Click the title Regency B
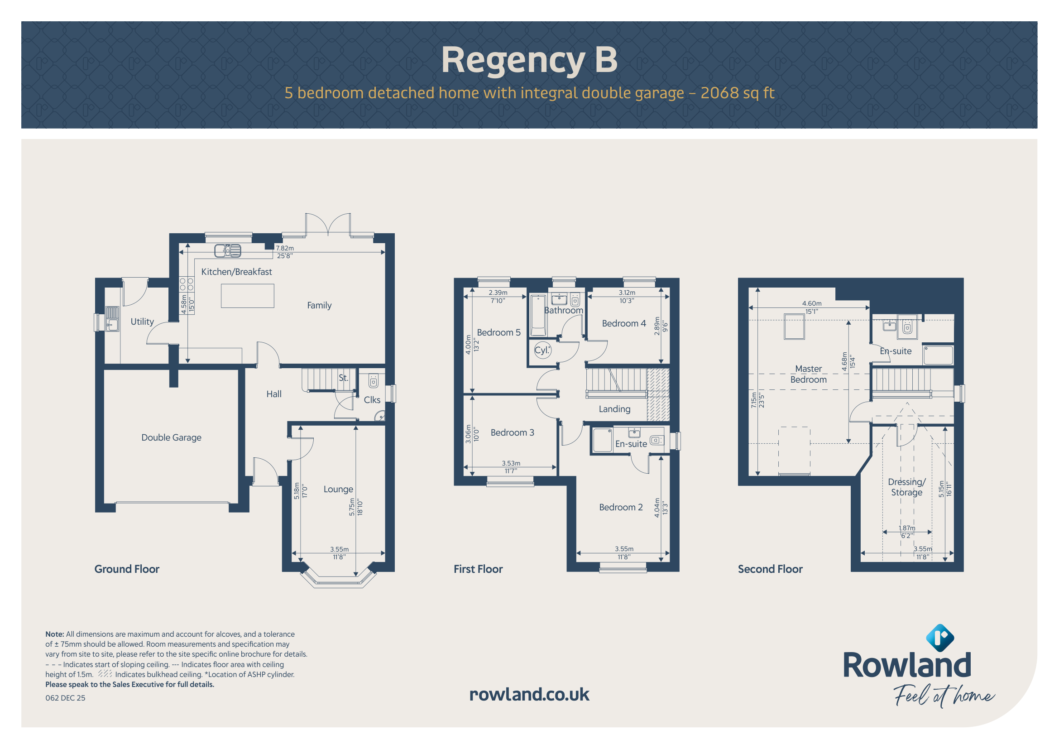(x=529, y=60)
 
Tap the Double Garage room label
(x=171, y=437)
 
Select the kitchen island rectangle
(x=247, y=296)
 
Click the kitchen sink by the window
(x=227, y=250)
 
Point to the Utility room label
(x=142, y=322)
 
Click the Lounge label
(x=338, y=490)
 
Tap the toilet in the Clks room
(x=373, y=381)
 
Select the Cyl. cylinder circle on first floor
(x=542, y=350)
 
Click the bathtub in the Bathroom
(x=538, y=316)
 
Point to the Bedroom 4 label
(x=623, y=323)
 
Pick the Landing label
(x=614, y=409)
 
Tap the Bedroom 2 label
(x=621, y=507)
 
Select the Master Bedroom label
(x=809, y=374)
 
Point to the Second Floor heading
(x=770, y=569)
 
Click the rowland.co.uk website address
(x=529, y=695)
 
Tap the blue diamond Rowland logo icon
(x=940, y=639)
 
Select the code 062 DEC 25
(x=66, y=698)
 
